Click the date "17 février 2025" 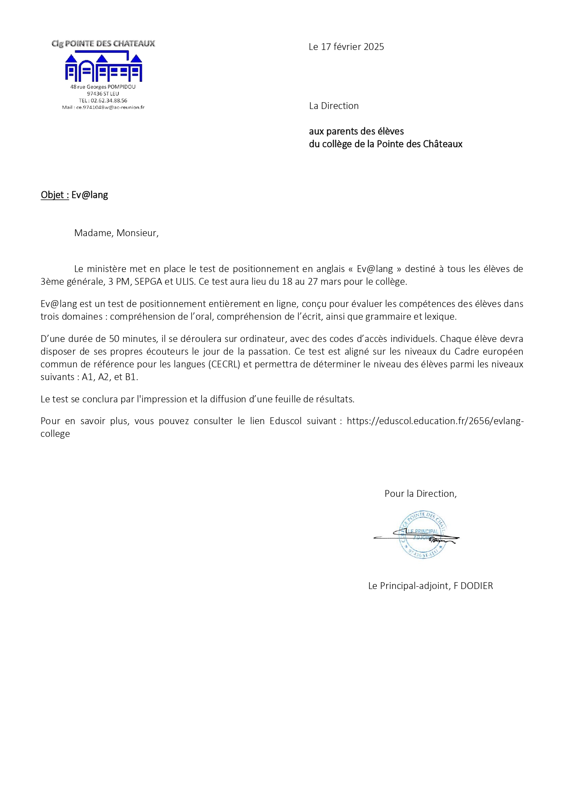point(352,47)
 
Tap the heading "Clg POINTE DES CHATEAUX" point(103,44)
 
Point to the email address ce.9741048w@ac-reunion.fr point(110,108)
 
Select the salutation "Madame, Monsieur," point(116,233)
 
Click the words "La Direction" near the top point(334,106)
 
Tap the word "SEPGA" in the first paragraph point(148,282)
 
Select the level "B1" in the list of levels point(130,377)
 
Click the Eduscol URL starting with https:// point(435,421)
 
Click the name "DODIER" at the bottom point(476,586)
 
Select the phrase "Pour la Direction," point(420,494)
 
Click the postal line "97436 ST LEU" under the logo point(103,94)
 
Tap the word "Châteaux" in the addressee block point(443,144)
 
